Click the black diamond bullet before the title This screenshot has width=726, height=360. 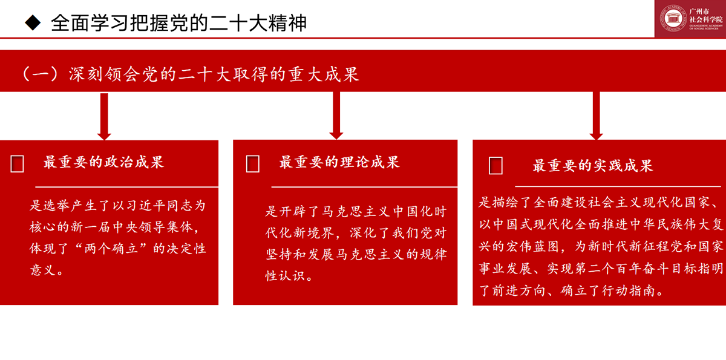coord(33,22)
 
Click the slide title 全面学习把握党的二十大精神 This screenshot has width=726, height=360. coord(178,23)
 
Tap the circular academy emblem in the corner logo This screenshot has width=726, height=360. coord(673,19)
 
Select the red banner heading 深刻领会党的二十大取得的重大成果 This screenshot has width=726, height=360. coord(214,74)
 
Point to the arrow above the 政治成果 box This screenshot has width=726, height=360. coord(104,117)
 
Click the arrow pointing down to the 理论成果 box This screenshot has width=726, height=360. coord(336,116)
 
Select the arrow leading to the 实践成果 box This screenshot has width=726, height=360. coord(596,116)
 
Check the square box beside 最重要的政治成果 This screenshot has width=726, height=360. coord(17,163)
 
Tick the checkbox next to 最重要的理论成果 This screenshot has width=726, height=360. coord(253,163)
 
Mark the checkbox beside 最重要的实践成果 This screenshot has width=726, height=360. coord(495,166)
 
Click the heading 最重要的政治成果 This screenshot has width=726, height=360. coord(103,162)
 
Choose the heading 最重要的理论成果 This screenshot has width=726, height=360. coord(339,162)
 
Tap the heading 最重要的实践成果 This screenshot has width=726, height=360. coord(593,166)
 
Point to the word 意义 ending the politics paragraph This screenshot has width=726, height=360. coord(43,270)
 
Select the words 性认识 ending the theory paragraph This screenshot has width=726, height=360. coord(286,276)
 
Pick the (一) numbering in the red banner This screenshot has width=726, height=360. coord(40,74)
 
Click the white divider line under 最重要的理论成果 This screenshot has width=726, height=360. coord(364,187)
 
